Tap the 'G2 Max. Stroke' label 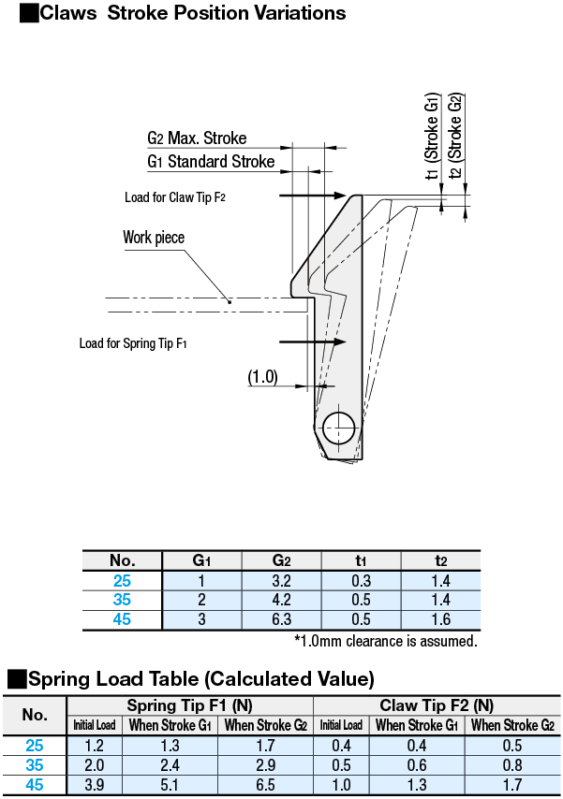click(x=197, y=138)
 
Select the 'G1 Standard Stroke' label click(x=211, y=162)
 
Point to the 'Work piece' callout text click(x=154, y=238)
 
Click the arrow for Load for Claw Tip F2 click(x=312, y=196)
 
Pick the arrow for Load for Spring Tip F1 click(x=312, y=341)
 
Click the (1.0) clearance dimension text click(x=262, y=377)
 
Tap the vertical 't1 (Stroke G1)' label click(x=432, y=136)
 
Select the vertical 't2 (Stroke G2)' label click(x=455, y=136)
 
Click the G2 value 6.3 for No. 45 click(x=281, y=619)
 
